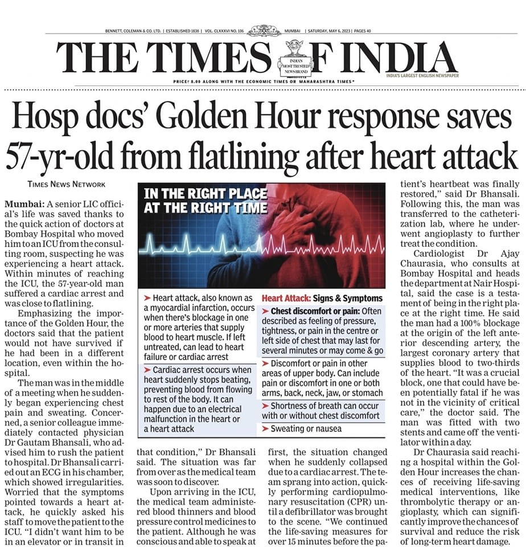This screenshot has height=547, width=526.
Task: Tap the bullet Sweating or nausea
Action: click(306, 428)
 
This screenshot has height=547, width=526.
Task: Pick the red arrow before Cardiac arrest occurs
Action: click(147, 369)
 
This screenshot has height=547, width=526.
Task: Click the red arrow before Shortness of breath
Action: click(266, 405)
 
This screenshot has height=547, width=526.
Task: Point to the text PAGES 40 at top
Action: click(361, 31)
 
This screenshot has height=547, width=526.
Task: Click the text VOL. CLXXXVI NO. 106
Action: click(225, 31)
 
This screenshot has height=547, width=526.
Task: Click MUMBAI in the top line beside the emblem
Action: click(294, 31)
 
